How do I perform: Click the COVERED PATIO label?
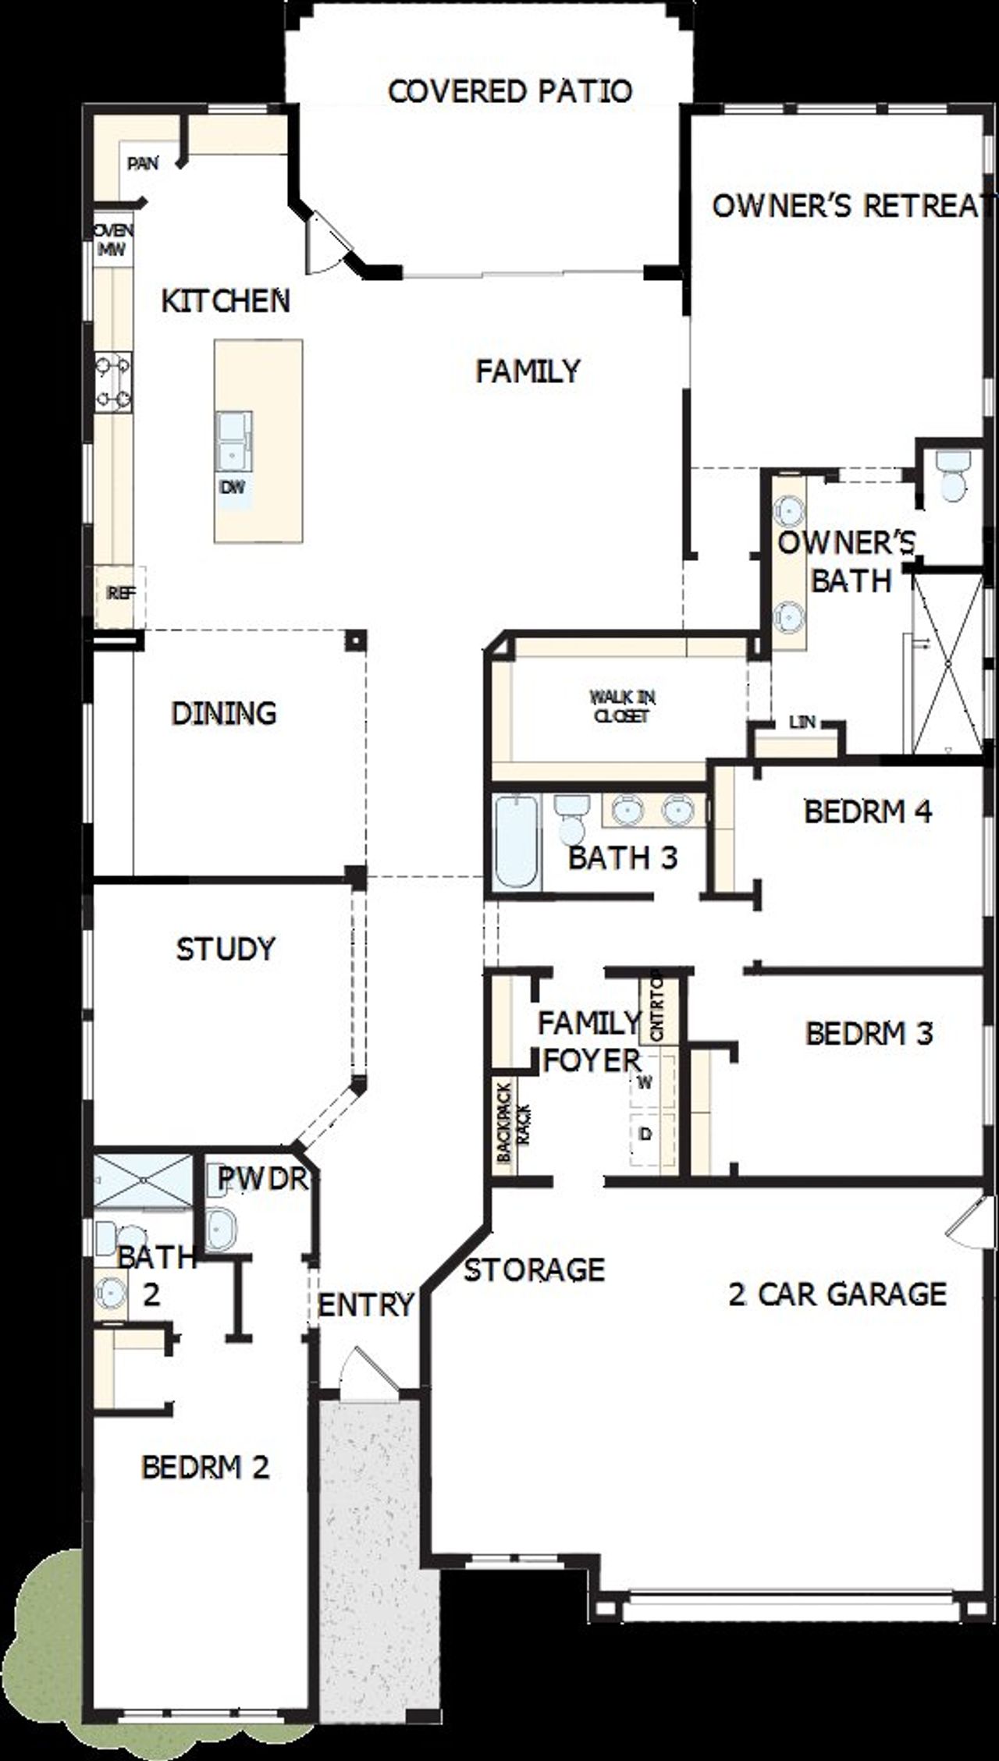[x=510, y=91]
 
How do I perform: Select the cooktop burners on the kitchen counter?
[x=113, y=382]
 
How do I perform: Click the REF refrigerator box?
[x=119, y=594]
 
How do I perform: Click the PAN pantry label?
[x=143, y=163]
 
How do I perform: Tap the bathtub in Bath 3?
[x=517, y=842]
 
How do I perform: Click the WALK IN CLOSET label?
[x=622, y=706]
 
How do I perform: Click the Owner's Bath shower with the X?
[x=947, y=662]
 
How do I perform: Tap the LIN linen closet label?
[x=802, y=723]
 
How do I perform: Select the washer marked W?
[x=645, y=1082]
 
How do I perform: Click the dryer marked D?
[x=645, y=1134]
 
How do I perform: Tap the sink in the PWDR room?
[x=221, y=1229]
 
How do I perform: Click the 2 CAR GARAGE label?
[x=837, y=1294]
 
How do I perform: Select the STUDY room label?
[x=226, y=949]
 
